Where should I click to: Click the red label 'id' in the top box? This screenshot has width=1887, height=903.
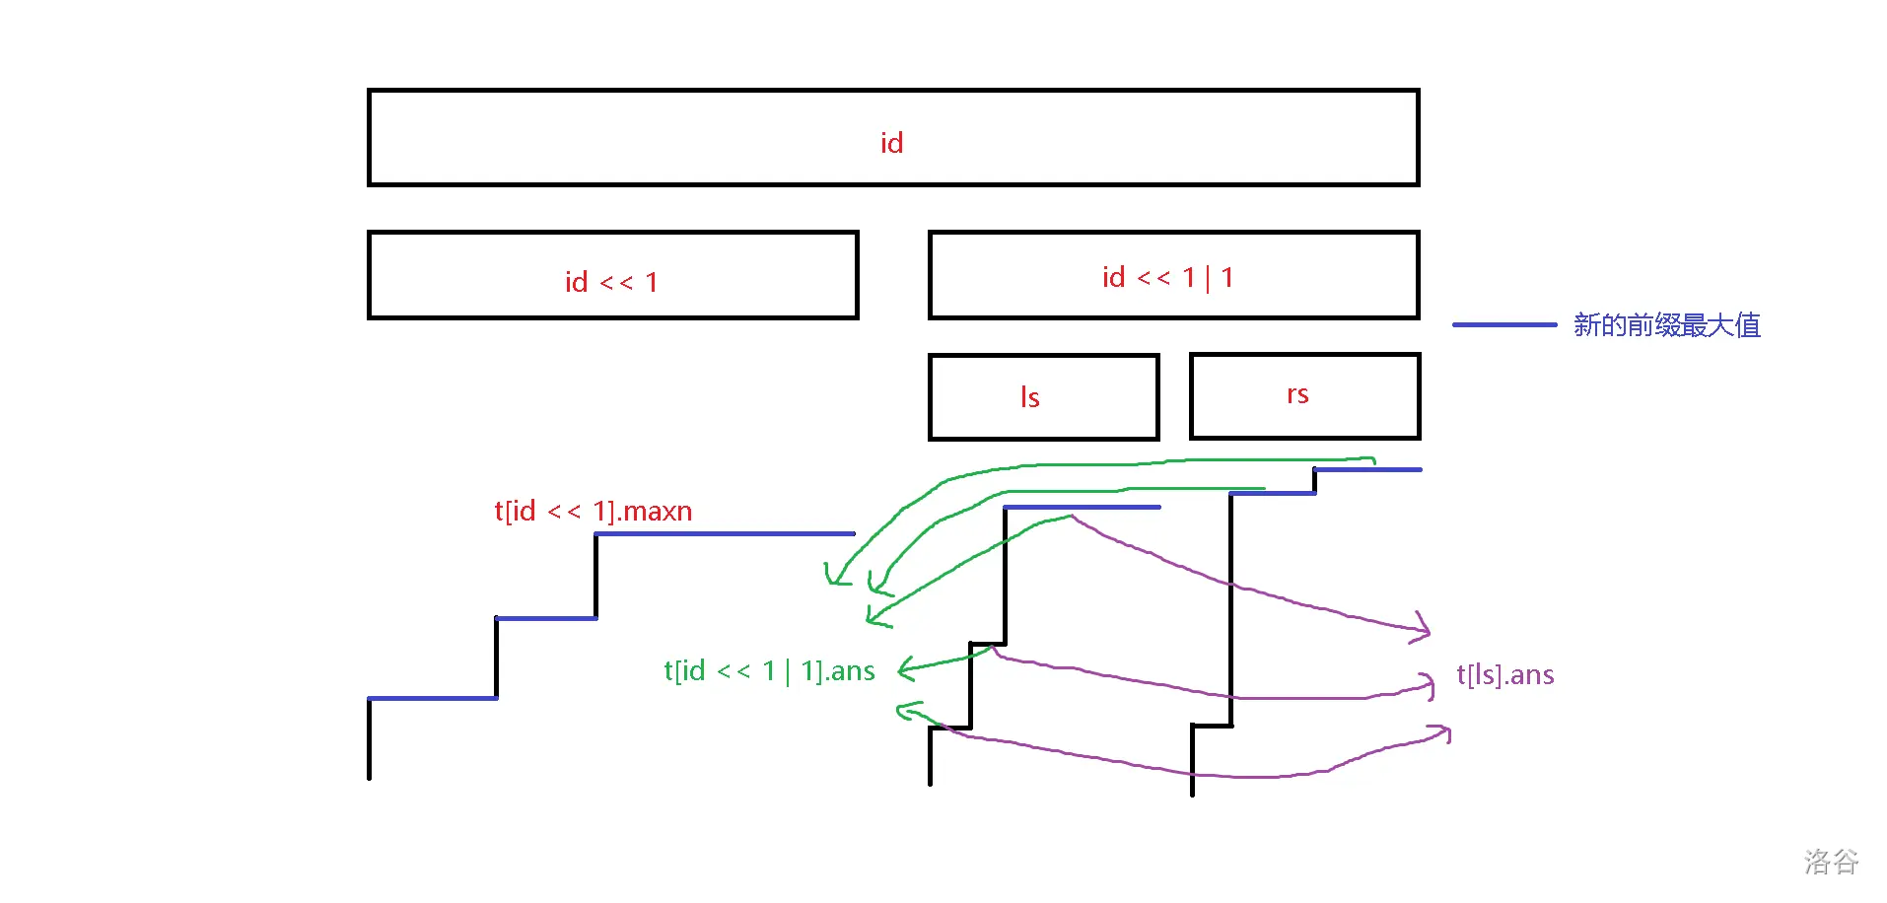tap(891, 143)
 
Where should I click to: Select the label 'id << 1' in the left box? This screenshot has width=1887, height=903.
tap(611, 282)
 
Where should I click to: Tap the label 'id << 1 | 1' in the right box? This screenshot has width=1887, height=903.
tap(1167, 278)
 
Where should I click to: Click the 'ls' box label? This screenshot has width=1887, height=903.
tap(1029, 397)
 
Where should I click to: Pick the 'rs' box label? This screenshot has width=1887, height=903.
tap(1297, 394)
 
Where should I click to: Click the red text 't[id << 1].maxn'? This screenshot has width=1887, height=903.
tap(593, 511)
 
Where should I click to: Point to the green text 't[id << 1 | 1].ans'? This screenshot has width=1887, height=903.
tap(769, 671)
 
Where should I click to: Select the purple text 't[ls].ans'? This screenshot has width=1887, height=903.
tap(1504, 675)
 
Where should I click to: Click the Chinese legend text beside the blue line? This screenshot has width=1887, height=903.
tap(1666, 325)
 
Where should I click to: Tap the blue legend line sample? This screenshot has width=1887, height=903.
tap(1503, 324)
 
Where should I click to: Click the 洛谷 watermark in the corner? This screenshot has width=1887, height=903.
tap(1831, 862)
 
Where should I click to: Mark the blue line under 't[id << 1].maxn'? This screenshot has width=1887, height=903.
tap(725, 533)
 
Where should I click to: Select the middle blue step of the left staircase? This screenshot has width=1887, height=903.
tap(546, 618)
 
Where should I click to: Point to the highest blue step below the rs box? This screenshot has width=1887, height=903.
tap(1367, 469)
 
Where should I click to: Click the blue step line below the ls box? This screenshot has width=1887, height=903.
tap(1082, 507)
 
